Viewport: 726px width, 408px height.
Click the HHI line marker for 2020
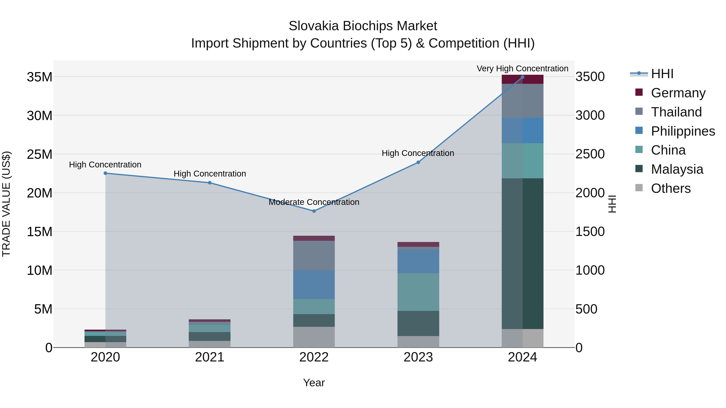(105, 173)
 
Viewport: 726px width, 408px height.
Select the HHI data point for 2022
(314, 211)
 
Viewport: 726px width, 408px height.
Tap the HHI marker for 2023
(418, 162)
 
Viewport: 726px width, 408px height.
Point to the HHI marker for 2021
(210, 183)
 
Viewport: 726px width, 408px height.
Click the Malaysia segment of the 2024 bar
(523, 253)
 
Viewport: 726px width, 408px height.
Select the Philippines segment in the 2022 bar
(314, 284)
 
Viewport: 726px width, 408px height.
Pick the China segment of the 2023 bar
(418, 292)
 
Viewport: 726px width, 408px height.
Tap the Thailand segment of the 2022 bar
(314, 255)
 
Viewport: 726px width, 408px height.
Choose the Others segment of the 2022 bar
(314, 337)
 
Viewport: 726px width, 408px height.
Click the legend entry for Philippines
(683, 131)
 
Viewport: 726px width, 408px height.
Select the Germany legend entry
(678, 93)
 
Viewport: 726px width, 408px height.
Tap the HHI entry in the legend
(662, 74)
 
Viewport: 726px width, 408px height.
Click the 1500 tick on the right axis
(590, 232)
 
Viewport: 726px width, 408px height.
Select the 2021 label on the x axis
(210, 357)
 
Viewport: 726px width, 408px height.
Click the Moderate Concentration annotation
(314, 202)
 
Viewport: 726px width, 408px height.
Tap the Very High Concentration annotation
(523, 69)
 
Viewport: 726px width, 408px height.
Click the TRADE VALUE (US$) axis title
(6, 204)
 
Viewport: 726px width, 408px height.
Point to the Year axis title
(314, 383)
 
